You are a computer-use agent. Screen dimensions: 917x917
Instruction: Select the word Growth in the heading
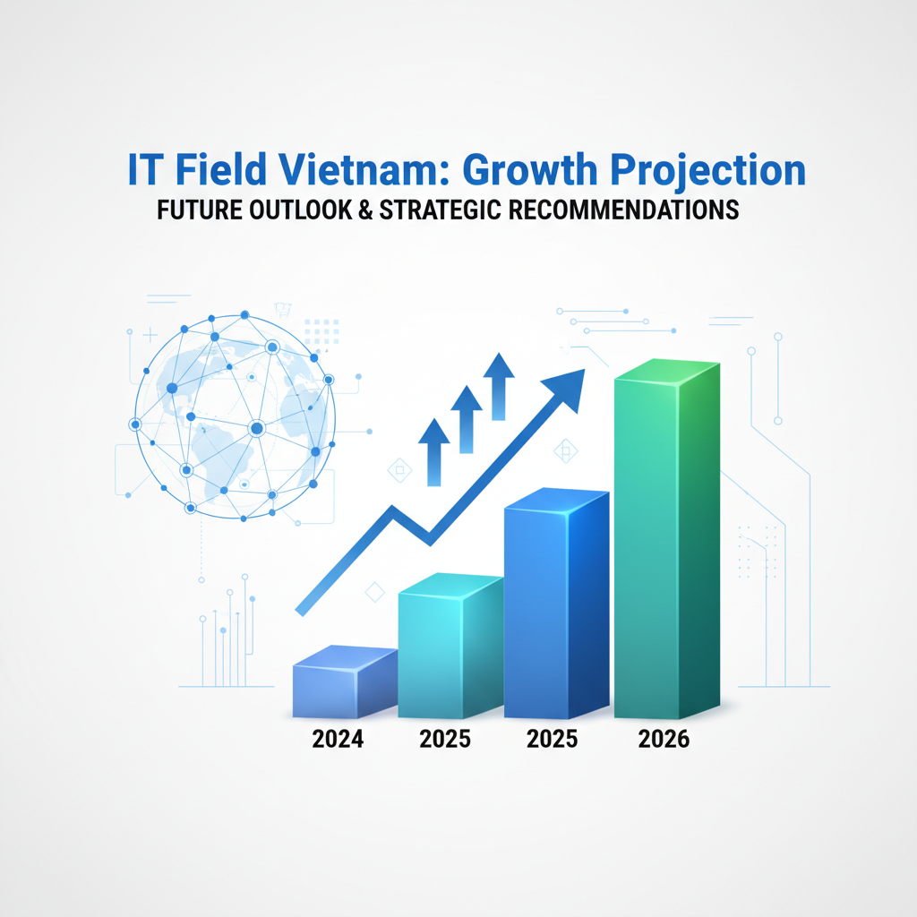coord(530,169)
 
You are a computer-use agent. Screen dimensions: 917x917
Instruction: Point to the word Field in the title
coord(221,169)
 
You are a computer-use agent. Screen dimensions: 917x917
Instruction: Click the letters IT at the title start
coord(143,169)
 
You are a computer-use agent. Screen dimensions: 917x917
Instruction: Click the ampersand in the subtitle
coord(366,210)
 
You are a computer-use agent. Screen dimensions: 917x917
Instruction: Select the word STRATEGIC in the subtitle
coord(441,210)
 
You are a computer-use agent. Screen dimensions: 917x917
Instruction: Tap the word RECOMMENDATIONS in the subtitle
coord(624,210)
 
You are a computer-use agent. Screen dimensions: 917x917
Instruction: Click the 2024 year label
coord(338,739)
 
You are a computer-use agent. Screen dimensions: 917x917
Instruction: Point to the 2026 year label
coord(664,739)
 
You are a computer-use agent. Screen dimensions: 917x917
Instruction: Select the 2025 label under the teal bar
coord(445,739)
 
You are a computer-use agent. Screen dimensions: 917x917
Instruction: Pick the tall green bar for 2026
coord(666,538)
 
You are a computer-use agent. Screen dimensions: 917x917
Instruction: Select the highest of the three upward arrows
coord(499,387)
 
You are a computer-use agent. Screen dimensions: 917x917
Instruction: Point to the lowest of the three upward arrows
coord(434,452)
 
